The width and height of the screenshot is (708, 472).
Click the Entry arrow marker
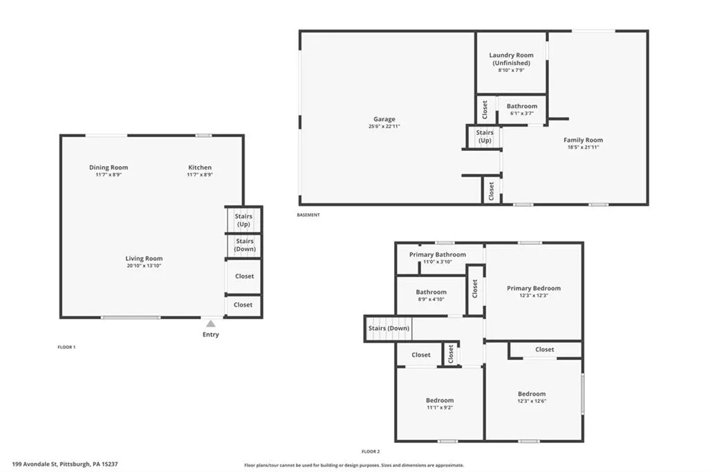211,323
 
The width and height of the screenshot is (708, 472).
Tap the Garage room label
384,119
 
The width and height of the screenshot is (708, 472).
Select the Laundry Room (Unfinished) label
511,59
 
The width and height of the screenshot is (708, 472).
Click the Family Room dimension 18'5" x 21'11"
583,147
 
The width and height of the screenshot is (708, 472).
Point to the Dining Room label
109,167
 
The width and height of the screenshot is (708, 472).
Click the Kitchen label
200,167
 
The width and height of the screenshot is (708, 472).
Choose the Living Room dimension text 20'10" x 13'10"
144,266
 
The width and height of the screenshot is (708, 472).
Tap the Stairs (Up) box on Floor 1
243,220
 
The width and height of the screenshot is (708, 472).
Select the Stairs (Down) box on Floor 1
244,245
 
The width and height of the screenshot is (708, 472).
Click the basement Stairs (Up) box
485,136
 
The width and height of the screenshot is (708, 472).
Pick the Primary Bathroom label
437,255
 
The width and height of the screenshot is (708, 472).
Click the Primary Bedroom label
533,288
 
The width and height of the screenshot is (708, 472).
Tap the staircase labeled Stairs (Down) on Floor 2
388,328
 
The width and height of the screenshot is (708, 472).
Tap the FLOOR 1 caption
66,347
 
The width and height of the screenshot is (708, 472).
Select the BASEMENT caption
308,215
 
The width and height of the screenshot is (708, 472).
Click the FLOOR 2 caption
371,451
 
